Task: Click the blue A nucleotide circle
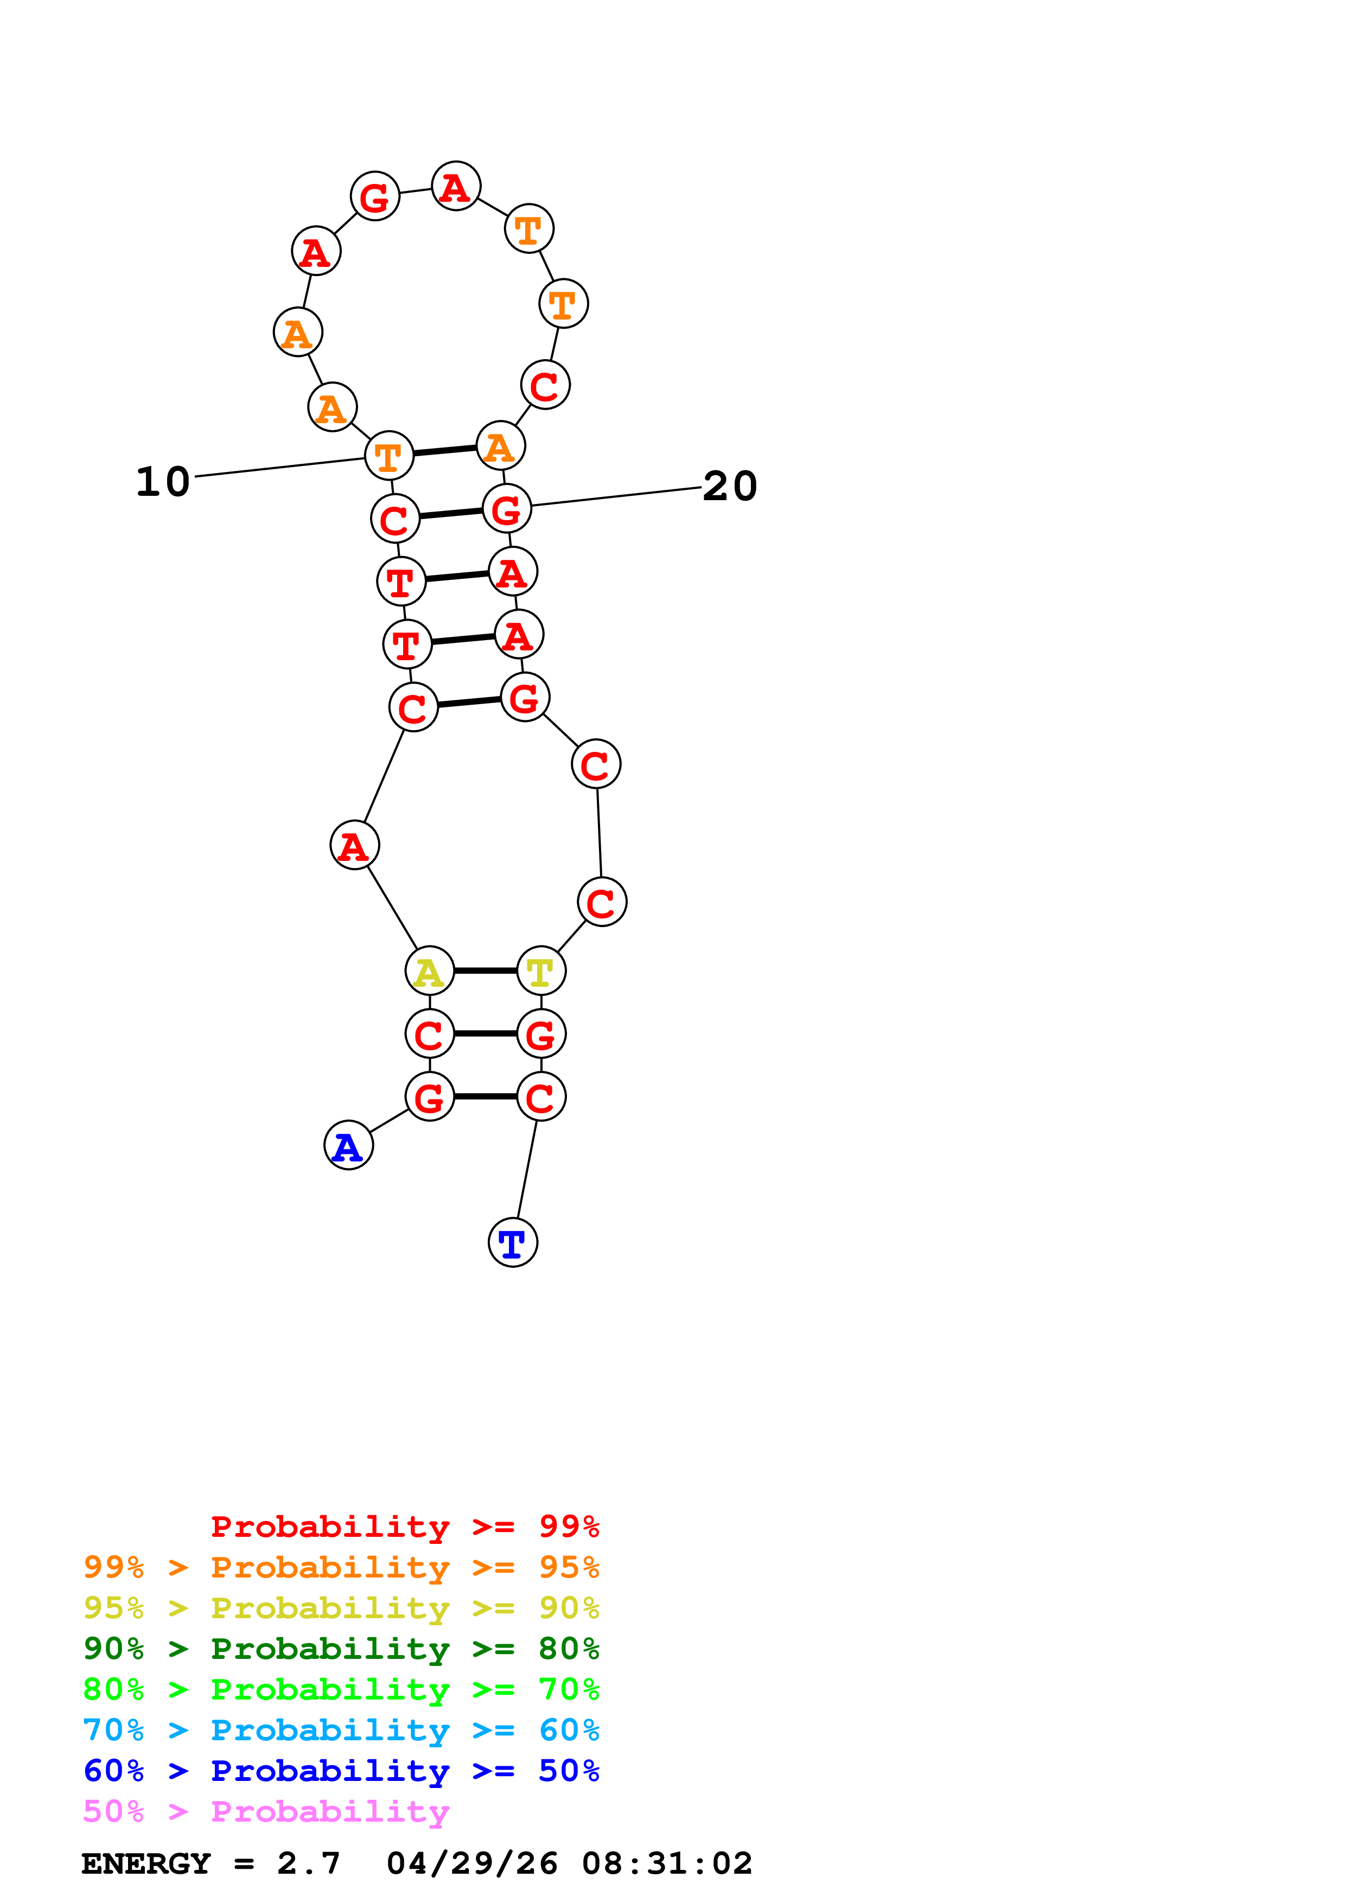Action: [348, 1146]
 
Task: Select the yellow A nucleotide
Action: [429, 970]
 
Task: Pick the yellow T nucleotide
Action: [541, 970]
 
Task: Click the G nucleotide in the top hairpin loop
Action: [374, 196]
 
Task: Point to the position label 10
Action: [163, 482]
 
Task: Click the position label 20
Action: [730, 487]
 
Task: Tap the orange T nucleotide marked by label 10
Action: [388, 455]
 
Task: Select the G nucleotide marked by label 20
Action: [506, 509]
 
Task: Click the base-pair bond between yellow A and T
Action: [485, 970]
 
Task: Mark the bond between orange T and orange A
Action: [445, 450]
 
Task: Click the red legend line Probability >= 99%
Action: [405, 1527]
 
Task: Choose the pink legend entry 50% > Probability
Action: [266, 1812]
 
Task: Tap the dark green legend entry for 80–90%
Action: [341, 1649]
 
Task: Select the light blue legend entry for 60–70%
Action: [341, 1730]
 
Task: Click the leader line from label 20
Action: [616, 496]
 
